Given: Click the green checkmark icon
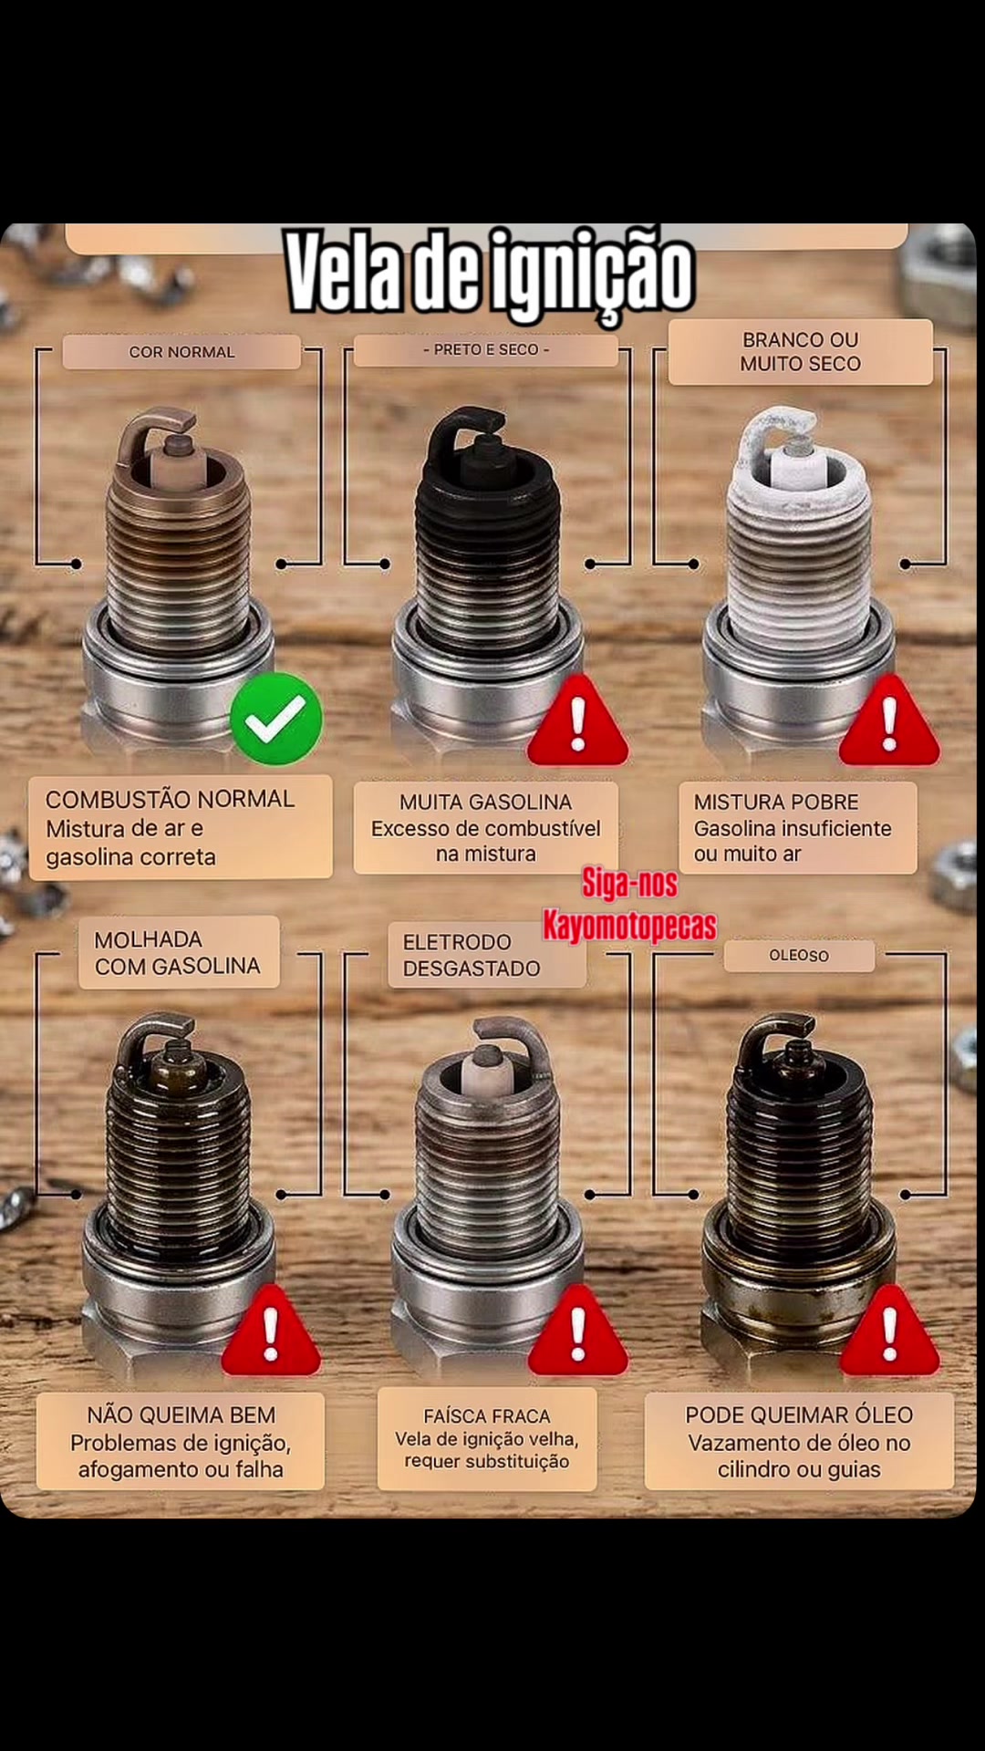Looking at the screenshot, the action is tap(276, 719).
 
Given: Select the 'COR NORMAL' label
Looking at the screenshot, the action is tap(181, 352).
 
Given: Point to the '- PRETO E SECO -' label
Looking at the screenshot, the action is tap(486, 350).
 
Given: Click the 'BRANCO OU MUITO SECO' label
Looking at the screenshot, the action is tap(801, 352).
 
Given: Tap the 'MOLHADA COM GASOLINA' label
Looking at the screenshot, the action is tap(178, 953).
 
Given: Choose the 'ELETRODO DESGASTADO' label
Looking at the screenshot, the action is tap(486, 955).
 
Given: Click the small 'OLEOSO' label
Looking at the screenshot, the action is tap(799, 956).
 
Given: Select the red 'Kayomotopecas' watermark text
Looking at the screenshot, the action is tap(629, 926).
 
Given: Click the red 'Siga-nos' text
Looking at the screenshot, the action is tap(629, 883).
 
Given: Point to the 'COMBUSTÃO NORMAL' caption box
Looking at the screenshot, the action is tap(181, 827).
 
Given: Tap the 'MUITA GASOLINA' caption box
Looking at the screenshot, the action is tap(486, 828).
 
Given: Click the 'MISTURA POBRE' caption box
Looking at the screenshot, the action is tap(798, 828).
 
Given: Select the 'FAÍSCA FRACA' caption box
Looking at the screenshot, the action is tap(487, 1439).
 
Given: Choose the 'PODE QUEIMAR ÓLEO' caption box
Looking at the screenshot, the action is tap(799, 1442).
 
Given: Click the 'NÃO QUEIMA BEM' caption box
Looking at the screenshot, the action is tap(181, 1442).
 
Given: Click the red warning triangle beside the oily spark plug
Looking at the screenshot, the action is tap(889, 1333).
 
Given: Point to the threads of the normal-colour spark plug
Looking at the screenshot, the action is tap(178, 556).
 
